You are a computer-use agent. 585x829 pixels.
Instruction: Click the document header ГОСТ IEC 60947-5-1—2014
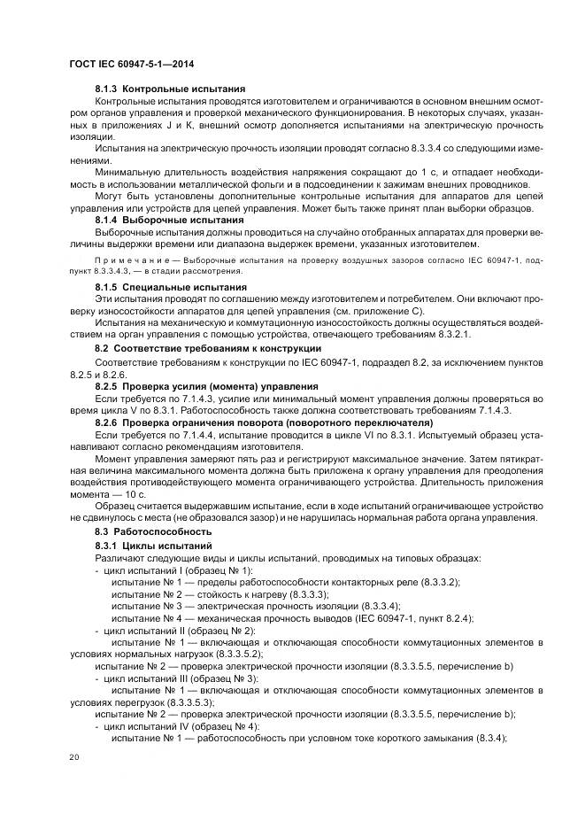coord(132,64)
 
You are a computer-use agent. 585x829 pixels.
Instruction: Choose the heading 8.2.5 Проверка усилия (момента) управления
coord(206,388)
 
